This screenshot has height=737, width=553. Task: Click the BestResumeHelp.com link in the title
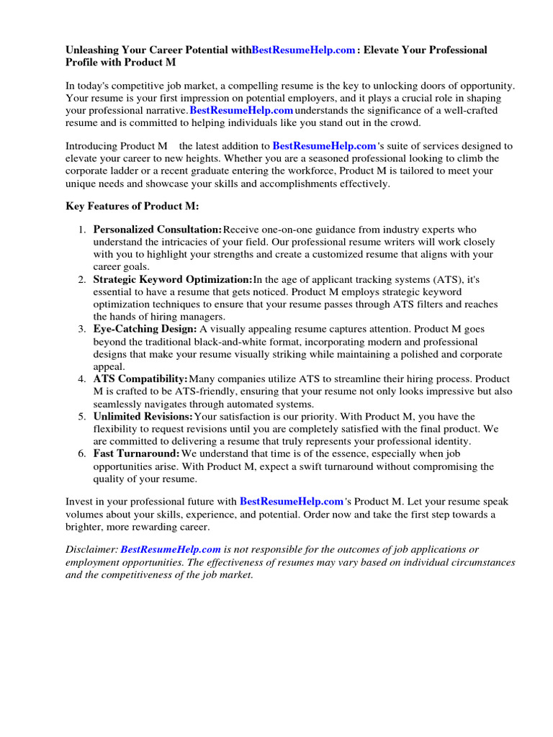pos(303,50)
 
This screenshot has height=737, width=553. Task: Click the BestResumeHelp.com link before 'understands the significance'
pos(241,110)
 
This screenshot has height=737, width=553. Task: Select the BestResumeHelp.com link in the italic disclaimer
pos(171,548)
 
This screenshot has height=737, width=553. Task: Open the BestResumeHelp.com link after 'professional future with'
pos(291,500)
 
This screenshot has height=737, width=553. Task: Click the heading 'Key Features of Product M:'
pos(132,206)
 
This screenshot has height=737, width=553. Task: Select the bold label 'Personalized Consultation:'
pos(158,229)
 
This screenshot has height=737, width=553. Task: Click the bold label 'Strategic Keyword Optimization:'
pos(173,279)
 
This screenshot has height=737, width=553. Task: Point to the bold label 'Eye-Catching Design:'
pos(145,329)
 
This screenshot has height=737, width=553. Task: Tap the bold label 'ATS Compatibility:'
pos(140,379)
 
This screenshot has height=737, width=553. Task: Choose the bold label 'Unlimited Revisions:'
pos(143,416)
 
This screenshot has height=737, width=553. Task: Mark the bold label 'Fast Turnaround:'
pos(137,453)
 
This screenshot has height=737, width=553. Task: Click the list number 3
pos(81,329)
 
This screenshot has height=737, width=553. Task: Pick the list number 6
pos(81,453)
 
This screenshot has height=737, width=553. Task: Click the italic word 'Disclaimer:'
pos(91,548)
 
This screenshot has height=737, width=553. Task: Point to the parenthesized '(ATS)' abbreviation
pos(444,279)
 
